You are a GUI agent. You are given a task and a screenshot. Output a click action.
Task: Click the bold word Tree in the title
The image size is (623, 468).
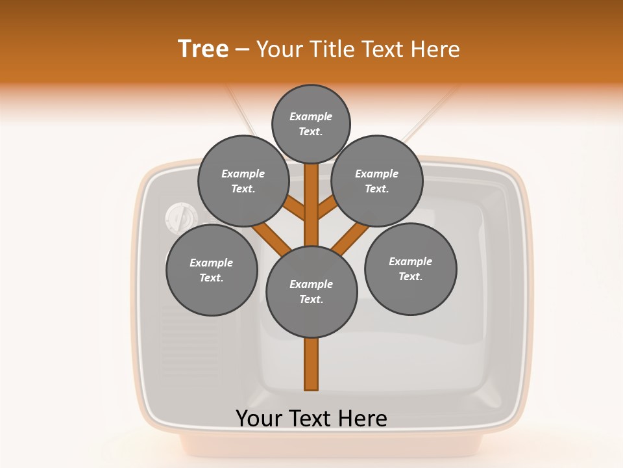[x=203, y=49]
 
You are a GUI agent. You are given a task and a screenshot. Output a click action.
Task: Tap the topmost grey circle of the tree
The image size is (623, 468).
[x=311, y=123]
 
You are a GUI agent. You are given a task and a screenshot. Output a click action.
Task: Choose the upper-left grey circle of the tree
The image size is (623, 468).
[x=243, y=181]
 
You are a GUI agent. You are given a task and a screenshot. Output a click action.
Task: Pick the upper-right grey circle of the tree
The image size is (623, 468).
[x=377, y=181]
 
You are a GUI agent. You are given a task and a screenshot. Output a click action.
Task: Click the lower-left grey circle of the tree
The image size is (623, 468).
[x=212, y=270]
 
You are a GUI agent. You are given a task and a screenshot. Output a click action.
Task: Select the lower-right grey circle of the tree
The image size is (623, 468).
[x=410, y=268]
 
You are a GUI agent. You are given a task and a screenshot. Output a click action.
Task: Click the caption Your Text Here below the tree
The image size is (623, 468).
[x=311, y=419]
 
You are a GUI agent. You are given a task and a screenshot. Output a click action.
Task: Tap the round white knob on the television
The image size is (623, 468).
[x=179, y=217]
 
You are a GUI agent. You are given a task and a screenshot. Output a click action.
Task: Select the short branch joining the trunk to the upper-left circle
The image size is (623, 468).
[x=295, y=208]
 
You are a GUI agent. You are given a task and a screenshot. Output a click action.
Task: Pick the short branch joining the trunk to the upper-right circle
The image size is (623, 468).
[x=327, y=208]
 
